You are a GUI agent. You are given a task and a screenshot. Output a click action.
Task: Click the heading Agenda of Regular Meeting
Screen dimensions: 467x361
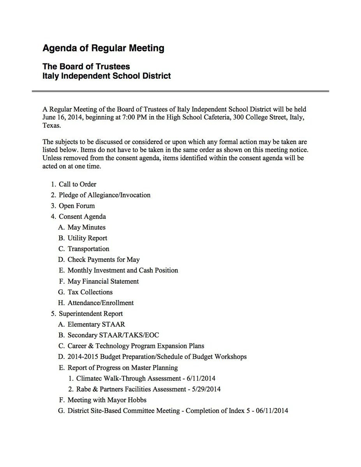click(x=103, y=48)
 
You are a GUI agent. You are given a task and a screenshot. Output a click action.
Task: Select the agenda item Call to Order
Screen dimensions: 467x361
click(x=77, y=184)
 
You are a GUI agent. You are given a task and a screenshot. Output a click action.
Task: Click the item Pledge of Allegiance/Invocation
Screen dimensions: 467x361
click(x=104, y=195)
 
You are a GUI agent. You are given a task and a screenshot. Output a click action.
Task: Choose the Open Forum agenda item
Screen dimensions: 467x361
click(x=77, y=206)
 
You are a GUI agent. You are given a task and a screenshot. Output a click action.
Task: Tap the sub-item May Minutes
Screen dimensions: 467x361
click(x=86, y=227)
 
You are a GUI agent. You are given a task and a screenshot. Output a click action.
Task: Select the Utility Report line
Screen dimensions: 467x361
click(x=87, y=238)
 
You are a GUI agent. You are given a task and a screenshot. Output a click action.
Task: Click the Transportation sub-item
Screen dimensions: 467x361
click(x=88, y=249)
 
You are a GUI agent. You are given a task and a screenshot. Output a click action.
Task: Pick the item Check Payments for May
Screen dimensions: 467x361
click(x=104, y=260)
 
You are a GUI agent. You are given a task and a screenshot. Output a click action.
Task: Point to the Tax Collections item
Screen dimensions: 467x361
click(x=90, y=292)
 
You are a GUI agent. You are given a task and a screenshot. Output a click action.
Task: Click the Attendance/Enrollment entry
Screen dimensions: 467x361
click(x=100, y=303)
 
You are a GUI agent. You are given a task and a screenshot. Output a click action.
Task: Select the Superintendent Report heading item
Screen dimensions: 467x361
click(x=91, y=314)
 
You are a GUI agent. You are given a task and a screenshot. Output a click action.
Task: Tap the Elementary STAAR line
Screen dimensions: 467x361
click(x=96, y=324)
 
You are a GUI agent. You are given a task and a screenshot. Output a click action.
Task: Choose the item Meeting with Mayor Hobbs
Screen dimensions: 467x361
click(x=107, y=400)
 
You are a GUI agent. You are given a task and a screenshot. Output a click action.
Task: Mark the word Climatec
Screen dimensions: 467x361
click(x=91, y=378)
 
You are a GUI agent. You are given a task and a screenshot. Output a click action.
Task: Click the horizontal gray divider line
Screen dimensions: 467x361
click(x=180, y=91)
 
